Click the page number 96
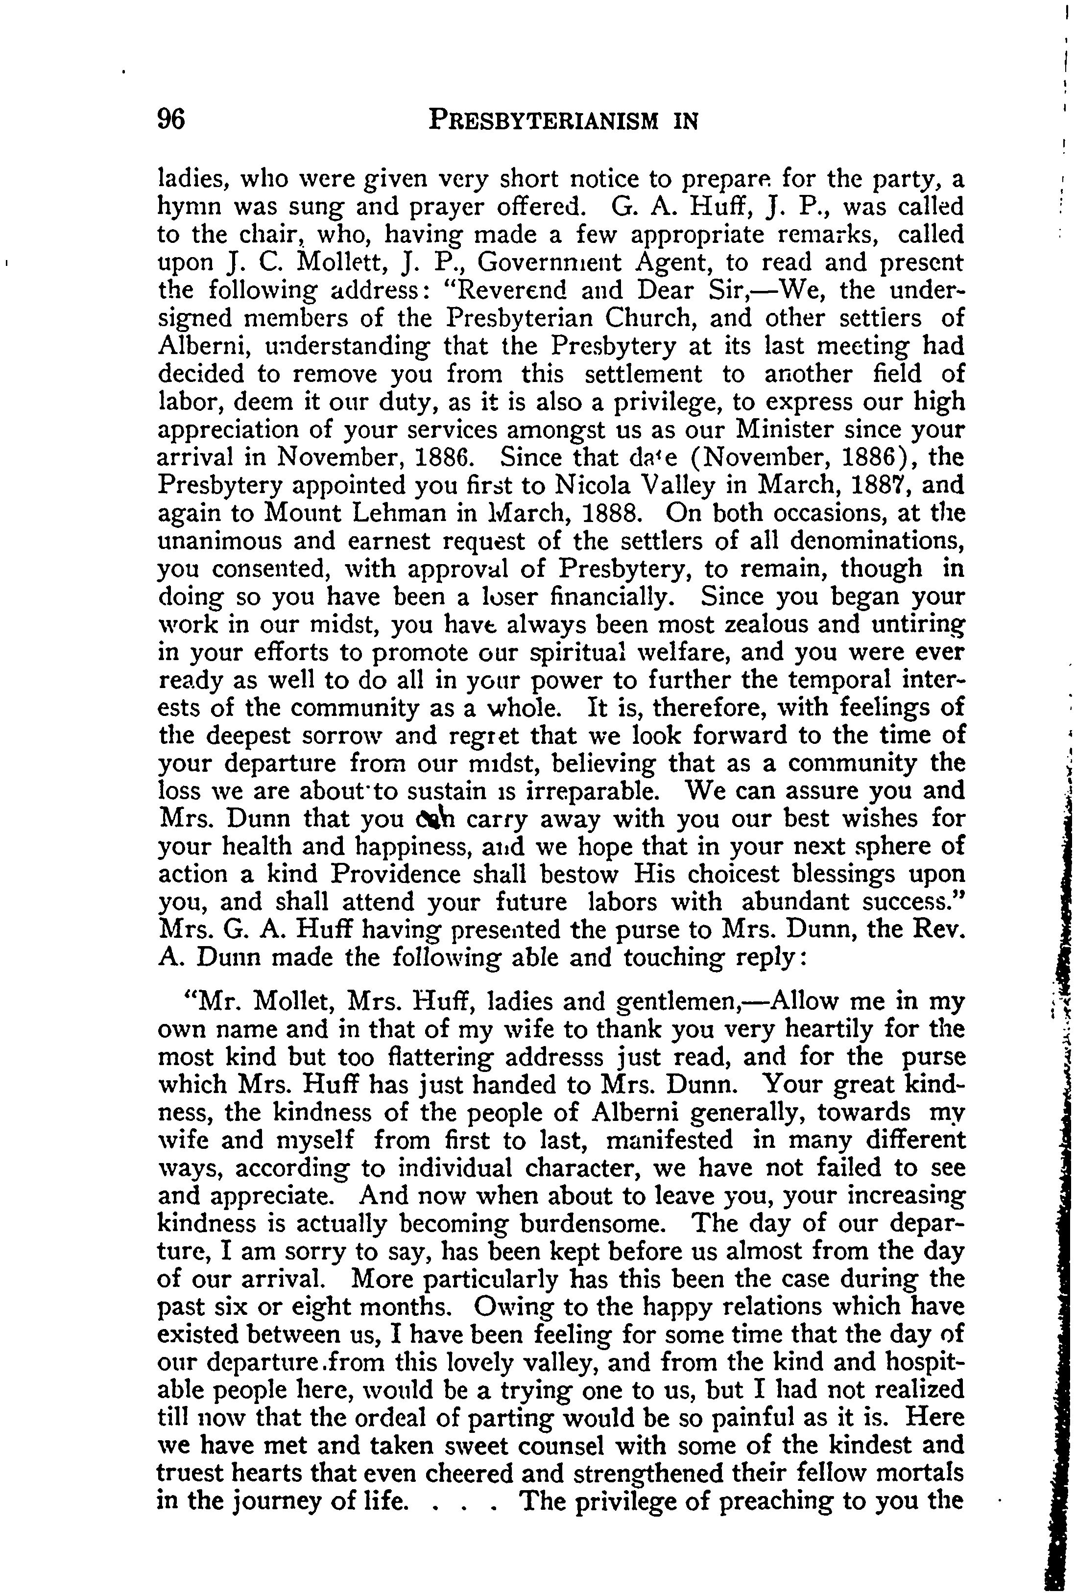(x=171, y=120)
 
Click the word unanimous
(x=219, y=541)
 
